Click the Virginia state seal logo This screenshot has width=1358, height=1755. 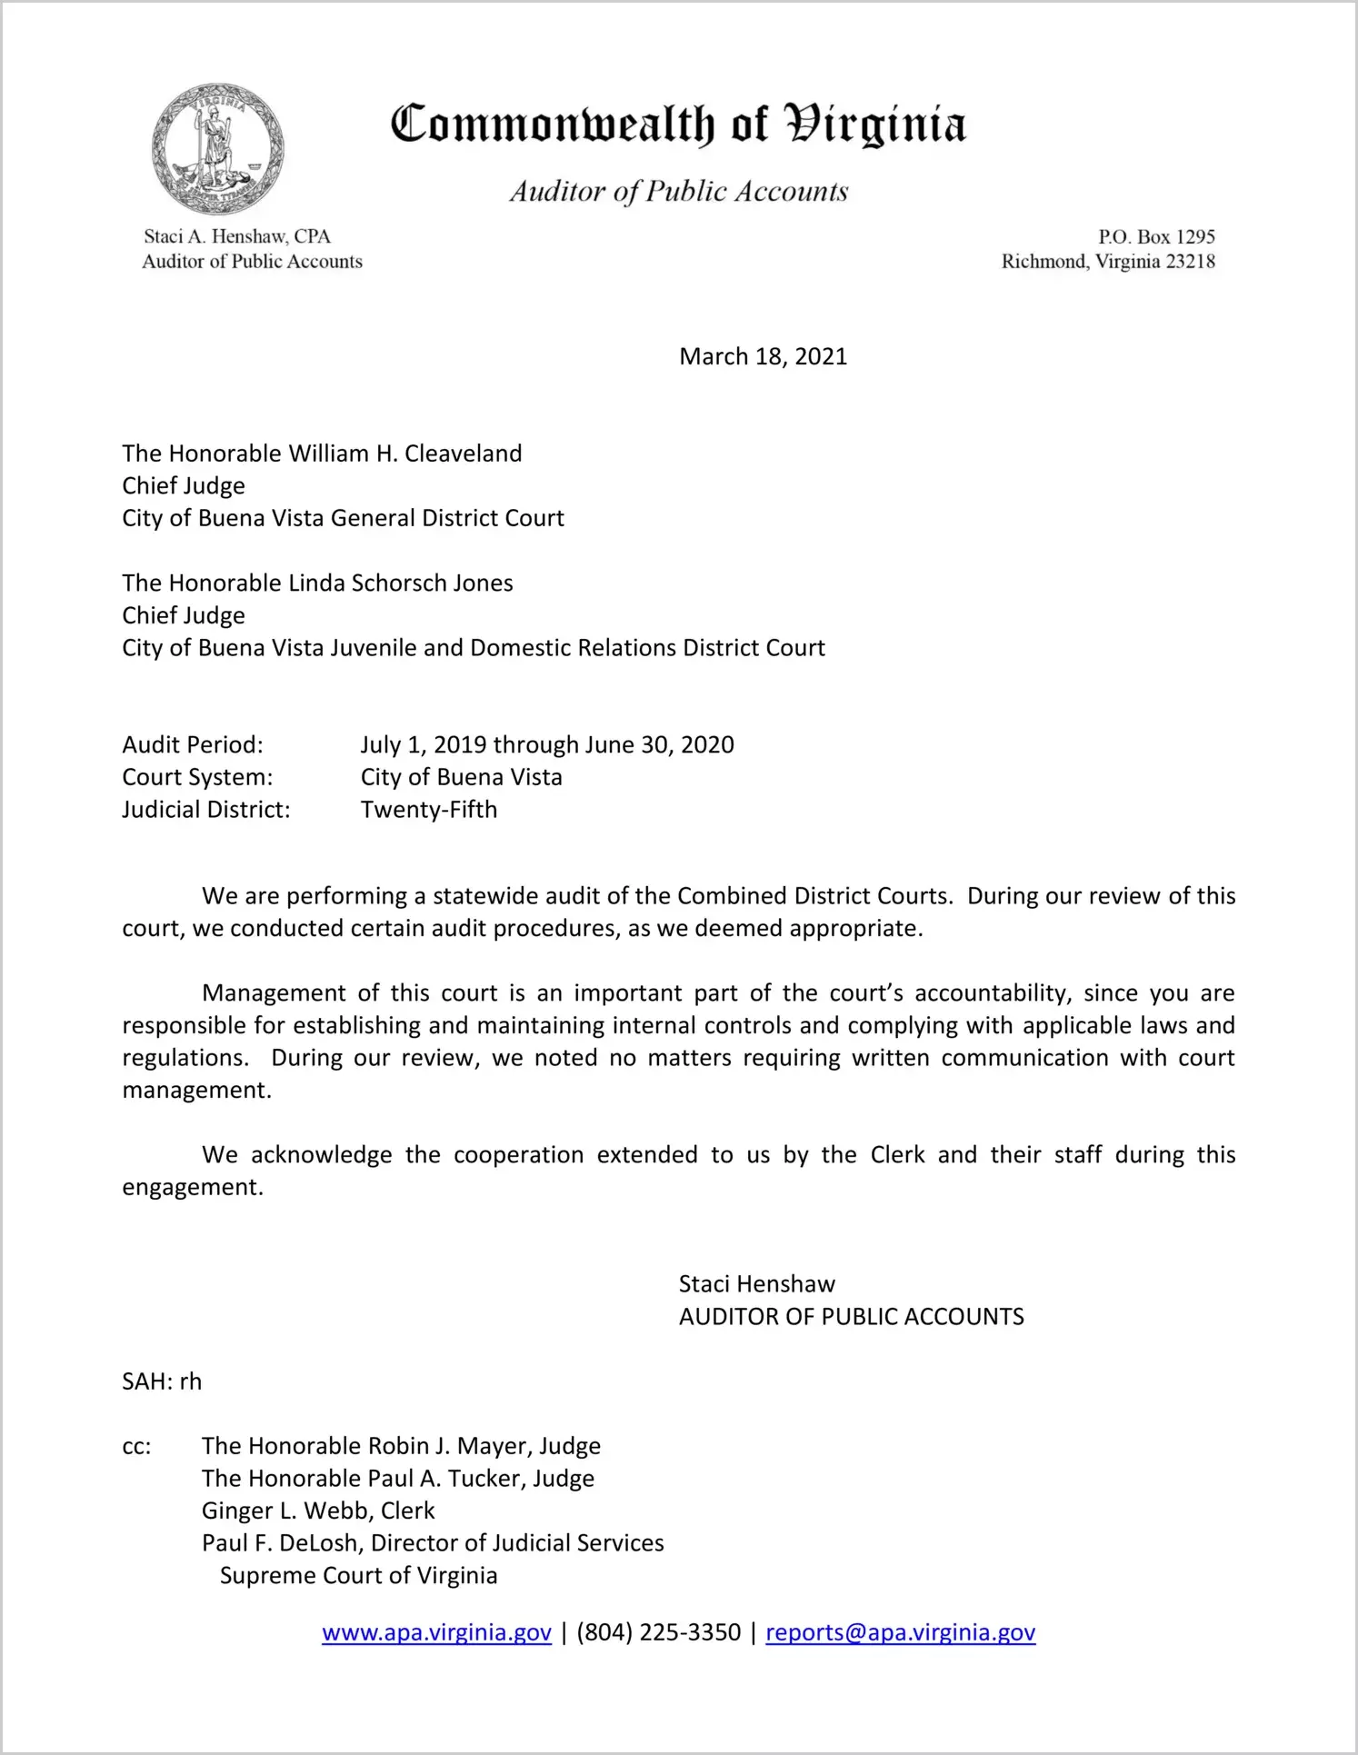[x=218, y=149]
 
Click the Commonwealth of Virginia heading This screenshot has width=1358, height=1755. [x=678, y=125]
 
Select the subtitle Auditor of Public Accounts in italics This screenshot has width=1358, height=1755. [x=678, y=192]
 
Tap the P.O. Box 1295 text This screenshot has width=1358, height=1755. [x=1156, y=237]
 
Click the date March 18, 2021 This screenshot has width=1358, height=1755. [x=763, y=356]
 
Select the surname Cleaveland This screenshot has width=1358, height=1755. [x=463, y=454]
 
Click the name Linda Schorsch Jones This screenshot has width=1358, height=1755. [x=400, y=583]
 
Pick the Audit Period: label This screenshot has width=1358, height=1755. [x=193, y=745]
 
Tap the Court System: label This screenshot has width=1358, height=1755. [x=197, y=778]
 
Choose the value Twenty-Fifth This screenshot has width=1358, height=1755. [x=429, y=810]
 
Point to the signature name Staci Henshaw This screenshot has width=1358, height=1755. [x=756, y=1284]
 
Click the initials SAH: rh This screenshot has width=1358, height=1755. [x=162, y=1381]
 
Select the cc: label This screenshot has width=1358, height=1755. [x=136, y=1447]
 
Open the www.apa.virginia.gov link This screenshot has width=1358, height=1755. [x=436, y=1633]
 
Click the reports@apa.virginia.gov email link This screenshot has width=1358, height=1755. [x=900, y=1633]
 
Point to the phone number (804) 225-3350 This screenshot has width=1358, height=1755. [x=658, y=1633]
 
